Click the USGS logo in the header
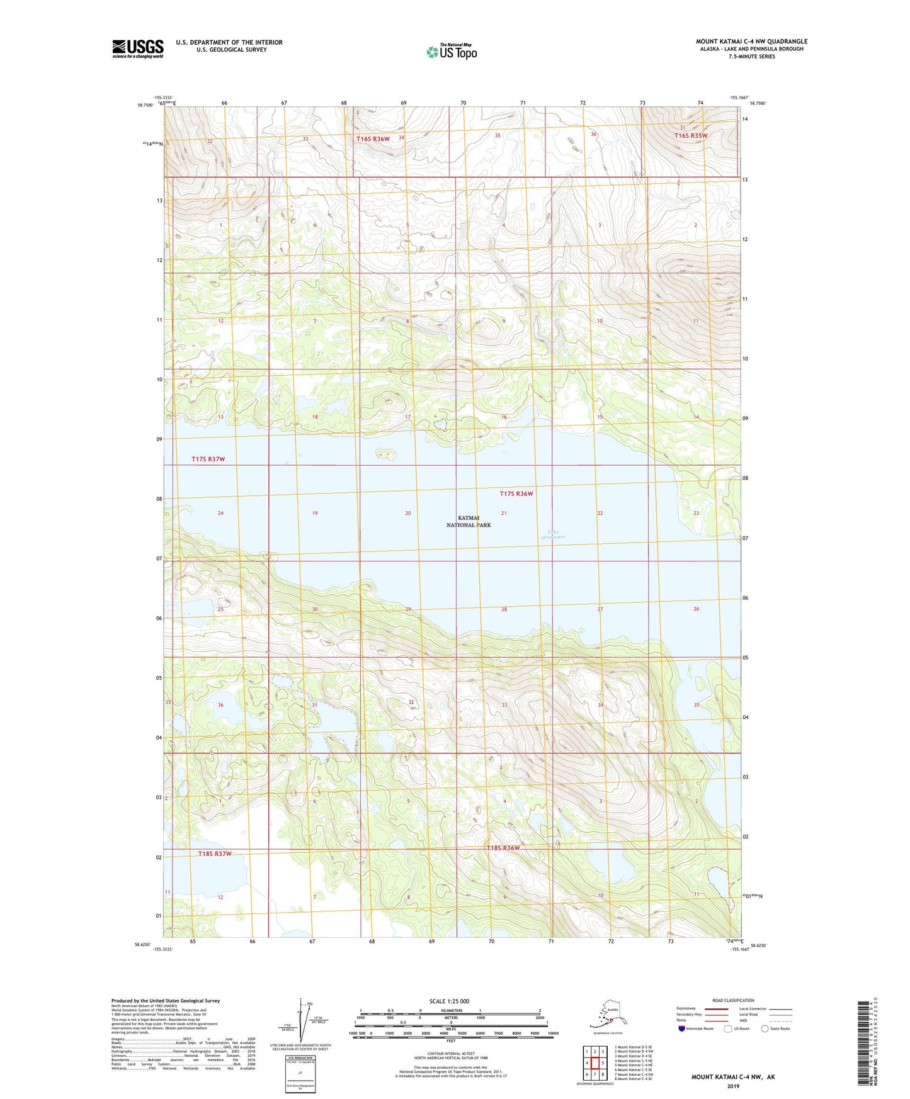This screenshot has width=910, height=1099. coord(137,48)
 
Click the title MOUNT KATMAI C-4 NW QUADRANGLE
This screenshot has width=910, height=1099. coord(751,42)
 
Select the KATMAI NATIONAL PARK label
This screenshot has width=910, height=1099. coord(469,521)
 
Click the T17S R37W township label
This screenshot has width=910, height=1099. coord(208,459)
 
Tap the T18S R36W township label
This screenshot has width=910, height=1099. coord(503,848)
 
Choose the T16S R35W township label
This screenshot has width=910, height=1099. coord(691,135)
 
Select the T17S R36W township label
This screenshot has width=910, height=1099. coord(516,494)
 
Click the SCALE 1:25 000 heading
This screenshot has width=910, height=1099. coord(450,1001)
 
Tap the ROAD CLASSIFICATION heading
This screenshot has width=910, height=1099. coord(733,1000)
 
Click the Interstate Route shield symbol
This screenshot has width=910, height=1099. coord(682,1029)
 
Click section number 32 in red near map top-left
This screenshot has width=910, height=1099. coord(210,142)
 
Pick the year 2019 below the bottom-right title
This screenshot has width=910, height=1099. coord(733,1086)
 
